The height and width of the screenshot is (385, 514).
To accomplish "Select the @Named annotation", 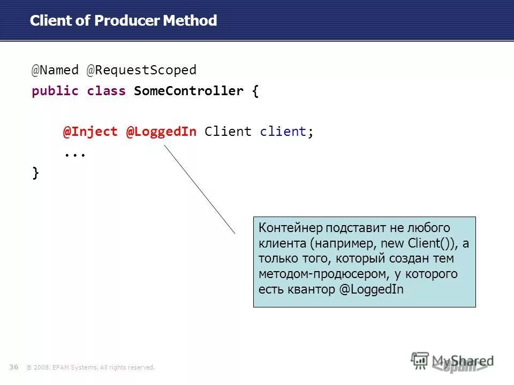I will coord(55,70).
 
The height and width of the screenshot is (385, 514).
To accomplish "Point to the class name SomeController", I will coord(188,91).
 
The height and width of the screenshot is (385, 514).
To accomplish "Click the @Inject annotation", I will coord(90,132).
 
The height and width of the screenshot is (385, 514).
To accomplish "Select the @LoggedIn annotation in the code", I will coord(161,132).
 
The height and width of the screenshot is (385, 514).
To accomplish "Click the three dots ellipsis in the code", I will coord(75,153).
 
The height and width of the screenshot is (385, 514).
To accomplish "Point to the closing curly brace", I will coord(35,173).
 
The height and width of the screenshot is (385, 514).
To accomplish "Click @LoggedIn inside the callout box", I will coord(371,290).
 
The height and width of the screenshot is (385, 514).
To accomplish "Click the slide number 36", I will coord(14,367).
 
